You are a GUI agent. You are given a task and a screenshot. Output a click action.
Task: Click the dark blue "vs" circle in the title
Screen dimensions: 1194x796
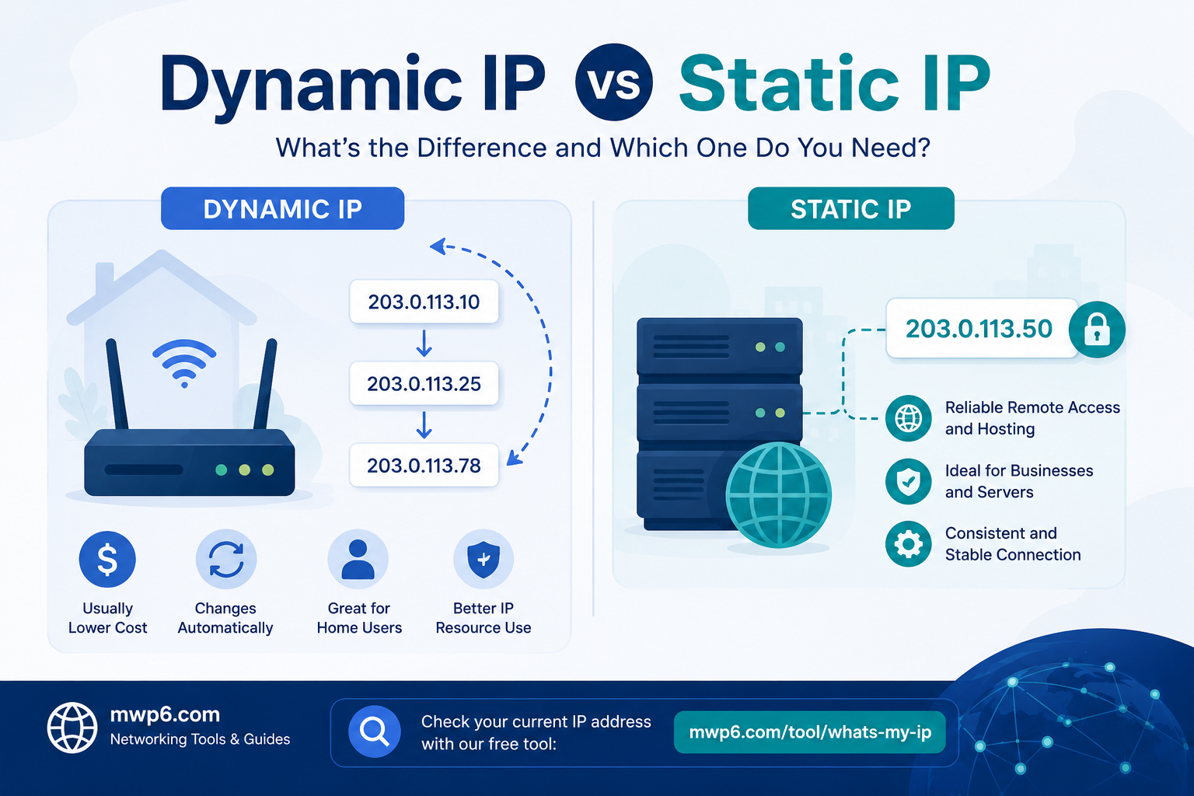(613, 82)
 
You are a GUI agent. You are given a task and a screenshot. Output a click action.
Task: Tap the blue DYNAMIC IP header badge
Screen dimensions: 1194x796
(282, 208)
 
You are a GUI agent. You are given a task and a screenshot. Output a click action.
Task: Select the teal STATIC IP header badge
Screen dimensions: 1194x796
(850, 208)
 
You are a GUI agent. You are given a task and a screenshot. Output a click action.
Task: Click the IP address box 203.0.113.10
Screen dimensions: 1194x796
(424, 302)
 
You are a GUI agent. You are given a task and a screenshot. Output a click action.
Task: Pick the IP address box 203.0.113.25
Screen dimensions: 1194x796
(424, 383)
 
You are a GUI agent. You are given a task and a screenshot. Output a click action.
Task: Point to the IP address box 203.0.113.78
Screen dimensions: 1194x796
(424, 465)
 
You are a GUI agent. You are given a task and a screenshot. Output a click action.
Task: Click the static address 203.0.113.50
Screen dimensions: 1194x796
(979, 328)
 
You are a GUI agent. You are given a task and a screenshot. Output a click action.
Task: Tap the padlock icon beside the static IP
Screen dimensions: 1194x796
(1097, 330)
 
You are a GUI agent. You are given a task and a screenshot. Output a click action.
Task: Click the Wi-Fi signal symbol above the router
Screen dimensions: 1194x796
(184, 363)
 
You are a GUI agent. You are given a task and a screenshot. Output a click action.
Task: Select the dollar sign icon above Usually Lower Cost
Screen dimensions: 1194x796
(107, 559)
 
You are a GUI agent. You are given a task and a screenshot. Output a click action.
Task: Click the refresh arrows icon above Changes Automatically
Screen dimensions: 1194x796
(226, 559)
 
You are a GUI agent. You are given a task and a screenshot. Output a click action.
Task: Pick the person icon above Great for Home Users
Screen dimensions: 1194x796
(358, 559)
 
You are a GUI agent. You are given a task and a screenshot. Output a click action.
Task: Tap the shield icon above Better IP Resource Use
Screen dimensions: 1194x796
(484, 559)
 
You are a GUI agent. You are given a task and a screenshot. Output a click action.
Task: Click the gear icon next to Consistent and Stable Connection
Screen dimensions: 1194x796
(908, 544)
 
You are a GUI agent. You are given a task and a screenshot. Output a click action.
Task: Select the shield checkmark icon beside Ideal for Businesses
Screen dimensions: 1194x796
(908, 481)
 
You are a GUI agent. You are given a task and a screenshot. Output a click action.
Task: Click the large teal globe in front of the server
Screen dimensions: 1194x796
(778, 494)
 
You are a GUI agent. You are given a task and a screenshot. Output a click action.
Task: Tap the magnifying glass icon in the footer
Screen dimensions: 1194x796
(374, 731)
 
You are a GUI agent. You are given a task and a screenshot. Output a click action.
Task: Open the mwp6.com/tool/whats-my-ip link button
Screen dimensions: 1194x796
(810, 732)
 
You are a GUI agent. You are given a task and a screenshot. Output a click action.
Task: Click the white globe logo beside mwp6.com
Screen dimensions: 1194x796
(72, 728)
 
